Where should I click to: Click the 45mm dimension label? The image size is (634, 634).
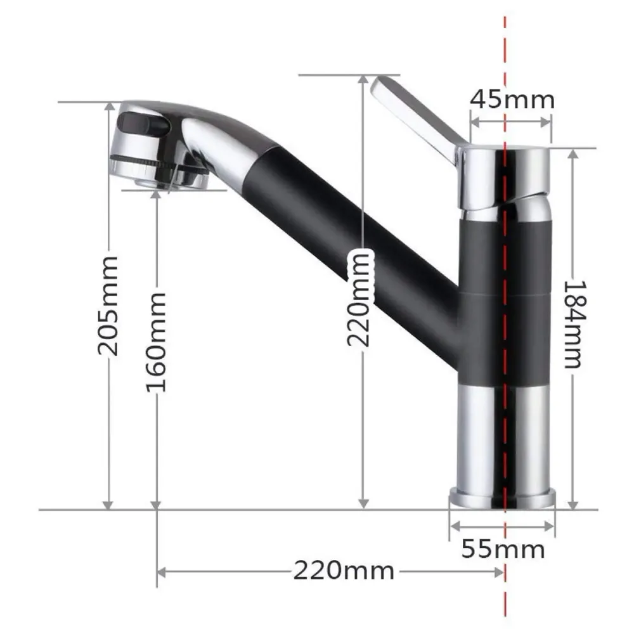click(x=512, y=100)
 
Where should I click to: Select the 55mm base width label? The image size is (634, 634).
click(x=503, y=548)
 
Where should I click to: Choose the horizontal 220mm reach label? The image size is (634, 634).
click(x=343, y=571)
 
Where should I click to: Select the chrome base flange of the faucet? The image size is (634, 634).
click(x=502, y=497)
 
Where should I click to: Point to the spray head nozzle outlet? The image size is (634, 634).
click(x=158, y=181)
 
